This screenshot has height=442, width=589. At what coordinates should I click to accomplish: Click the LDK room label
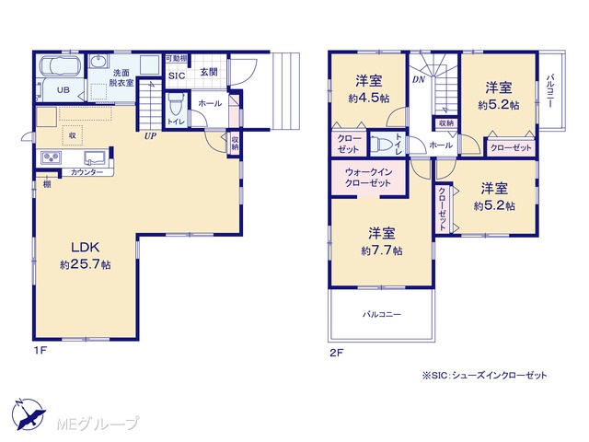click(86, 248)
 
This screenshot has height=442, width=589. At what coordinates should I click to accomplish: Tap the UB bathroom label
click(64, 90)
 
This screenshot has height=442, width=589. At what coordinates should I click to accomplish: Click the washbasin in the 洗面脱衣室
click(98, 62)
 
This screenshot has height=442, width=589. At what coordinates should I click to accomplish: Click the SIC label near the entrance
click(177, 76)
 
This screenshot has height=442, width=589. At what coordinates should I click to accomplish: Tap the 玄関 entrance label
click(209, 72)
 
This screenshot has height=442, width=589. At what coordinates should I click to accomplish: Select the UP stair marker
click(150, 136)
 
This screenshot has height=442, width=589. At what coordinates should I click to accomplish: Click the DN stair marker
click(419, 80)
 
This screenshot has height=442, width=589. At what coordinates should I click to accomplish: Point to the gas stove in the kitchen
click(52, 157)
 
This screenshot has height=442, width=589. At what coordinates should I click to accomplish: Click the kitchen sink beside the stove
click(95, 157)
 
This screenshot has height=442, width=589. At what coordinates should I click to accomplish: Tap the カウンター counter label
click(87, 172)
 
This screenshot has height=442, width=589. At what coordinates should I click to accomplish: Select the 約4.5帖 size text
click(368, 99)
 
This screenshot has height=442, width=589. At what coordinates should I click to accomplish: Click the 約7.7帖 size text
click(382, 250)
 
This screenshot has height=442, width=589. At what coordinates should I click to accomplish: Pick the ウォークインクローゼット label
click(368, 178)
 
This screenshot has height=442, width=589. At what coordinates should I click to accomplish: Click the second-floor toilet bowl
click(378, 144)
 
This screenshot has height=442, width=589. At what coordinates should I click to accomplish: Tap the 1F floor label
click(40, 351)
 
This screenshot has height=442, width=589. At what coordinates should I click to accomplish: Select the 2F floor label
click(337, 353)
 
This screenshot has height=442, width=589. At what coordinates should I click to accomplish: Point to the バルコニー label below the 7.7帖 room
click(382, 314)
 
